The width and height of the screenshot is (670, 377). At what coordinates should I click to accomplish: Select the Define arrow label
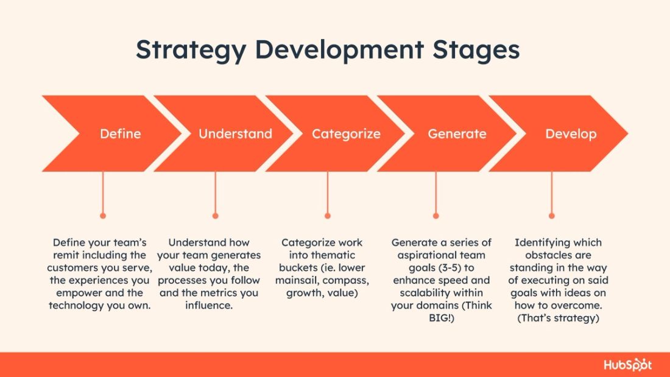120,134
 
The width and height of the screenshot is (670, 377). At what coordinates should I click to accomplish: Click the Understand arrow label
235,134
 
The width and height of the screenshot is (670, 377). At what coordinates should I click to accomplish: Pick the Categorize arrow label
346,134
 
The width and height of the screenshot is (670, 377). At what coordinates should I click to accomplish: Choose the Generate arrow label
457,134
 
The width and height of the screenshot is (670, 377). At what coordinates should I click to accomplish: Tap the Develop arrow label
571,134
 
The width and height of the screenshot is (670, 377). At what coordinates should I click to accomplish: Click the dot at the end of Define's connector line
103,216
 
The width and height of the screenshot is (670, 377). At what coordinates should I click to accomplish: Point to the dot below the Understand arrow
215,216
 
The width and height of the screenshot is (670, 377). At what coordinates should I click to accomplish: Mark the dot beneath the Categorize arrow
328,216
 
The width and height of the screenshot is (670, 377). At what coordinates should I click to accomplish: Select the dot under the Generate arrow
435,216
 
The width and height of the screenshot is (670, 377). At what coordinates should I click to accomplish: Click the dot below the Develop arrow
552,216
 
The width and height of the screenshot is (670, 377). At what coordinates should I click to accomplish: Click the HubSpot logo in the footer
627,365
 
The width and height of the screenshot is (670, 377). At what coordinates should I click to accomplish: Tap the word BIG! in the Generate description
441,318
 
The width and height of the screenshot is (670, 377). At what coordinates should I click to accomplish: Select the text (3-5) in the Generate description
461,268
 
